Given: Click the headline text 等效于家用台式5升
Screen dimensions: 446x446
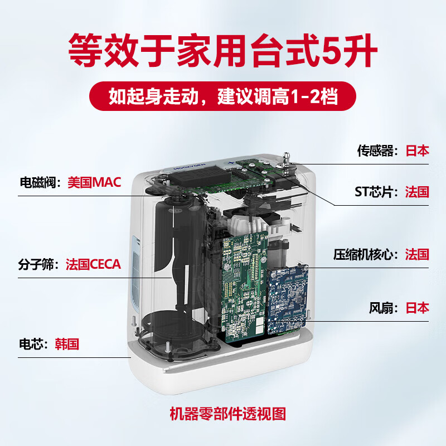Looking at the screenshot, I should [223, 50].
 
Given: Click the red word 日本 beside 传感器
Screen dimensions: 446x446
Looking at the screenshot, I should [417, 151].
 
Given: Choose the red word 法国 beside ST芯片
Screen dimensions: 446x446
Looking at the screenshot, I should [417, 192].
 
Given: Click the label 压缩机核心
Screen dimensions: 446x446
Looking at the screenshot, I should [370, 255].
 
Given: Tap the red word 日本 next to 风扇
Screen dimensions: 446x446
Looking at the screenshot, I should [417, 308].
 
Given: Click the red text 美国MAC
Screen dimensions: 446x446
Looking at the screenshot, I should [94, 182].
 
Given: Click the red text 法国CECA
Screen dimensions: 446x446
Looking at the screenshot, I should [93, 264].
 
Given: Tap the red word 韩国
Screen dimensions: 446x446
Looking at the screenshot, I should [67, 343].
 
